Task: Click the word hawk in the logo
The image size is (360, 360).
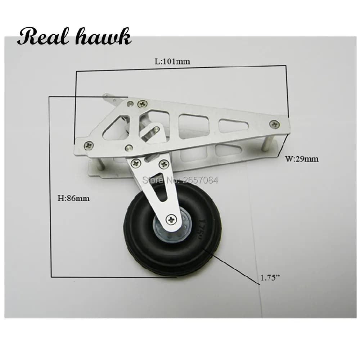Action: coord(104,37)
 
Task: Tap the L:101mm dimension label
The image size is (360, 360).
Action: coord(172,61)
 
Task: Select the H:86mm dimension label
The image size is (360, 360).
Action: coord(73,198)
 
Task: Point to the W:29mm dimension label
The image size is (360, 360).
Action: coord(302,159)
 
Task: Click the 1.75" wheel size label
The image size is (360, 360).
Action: coord(270,278)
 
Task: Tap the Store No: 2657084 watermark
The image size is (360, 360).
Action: coord(180,180)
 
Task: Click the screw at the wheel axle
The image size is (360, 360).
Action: coord(171,220)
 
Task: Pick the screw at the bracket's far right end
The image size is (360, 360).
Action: coord(275,124)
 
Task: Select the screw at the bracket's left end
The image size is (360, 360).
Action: coord(89,145)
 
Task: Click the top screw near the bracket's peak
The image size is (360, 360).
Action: coord(142,104)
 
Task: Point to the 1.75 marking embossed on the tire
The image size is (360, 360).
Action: coord(202,230)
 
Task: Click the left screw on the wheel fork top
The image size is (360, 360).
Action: coord(135,163)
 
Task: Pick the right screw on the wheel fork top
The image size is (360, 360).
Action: coord(164,164)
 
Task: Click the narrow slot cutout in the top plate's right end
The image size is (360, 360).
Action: coord(234,126)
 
